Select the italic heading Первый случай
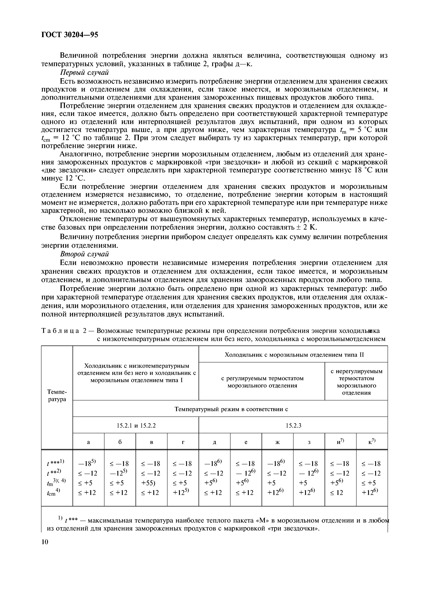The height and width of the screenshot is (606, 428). [x=84, y=72]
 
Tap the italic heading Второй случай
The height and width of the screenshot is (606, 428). [x=84, y=254]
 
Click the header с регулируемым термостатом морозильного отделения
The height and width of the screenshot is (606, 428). [x=262, y=382]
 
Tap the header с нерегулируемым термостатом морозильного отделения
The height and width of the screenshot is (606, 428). [x=357, y=382]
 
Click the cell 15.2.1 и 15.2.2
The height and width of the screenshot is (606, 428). [x=136, y=425]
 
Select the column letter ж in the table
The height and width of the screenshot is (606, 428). [x=277, y=442]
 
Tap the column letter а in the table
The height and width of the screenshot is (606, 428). [x=88, y=442]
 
